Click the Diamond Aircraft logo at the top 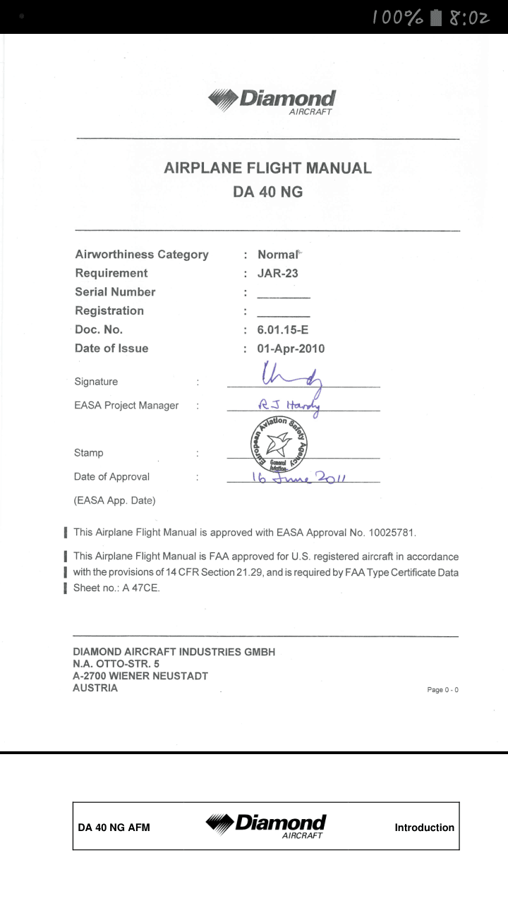coord(272,100)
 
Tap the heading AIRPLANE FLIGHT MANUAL coord(267,168)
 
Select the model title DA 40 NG coord(267,191)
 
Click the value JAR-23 coord(278,273)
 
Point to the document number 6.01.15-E coord(293,329)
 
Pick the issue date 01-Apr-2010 coord(291,349)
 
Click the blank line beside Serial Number coord(283,296)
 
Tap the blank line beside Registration coord(283,314)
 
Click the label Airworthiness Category coord(142,255)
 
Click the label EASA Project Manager coord(126,406)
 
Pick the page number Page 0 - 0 coord(442,690)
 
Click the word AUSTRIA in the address coord(95,688)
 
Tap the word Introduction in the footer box coord(424,828)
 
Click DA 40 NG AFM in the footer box coord(114,828)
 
